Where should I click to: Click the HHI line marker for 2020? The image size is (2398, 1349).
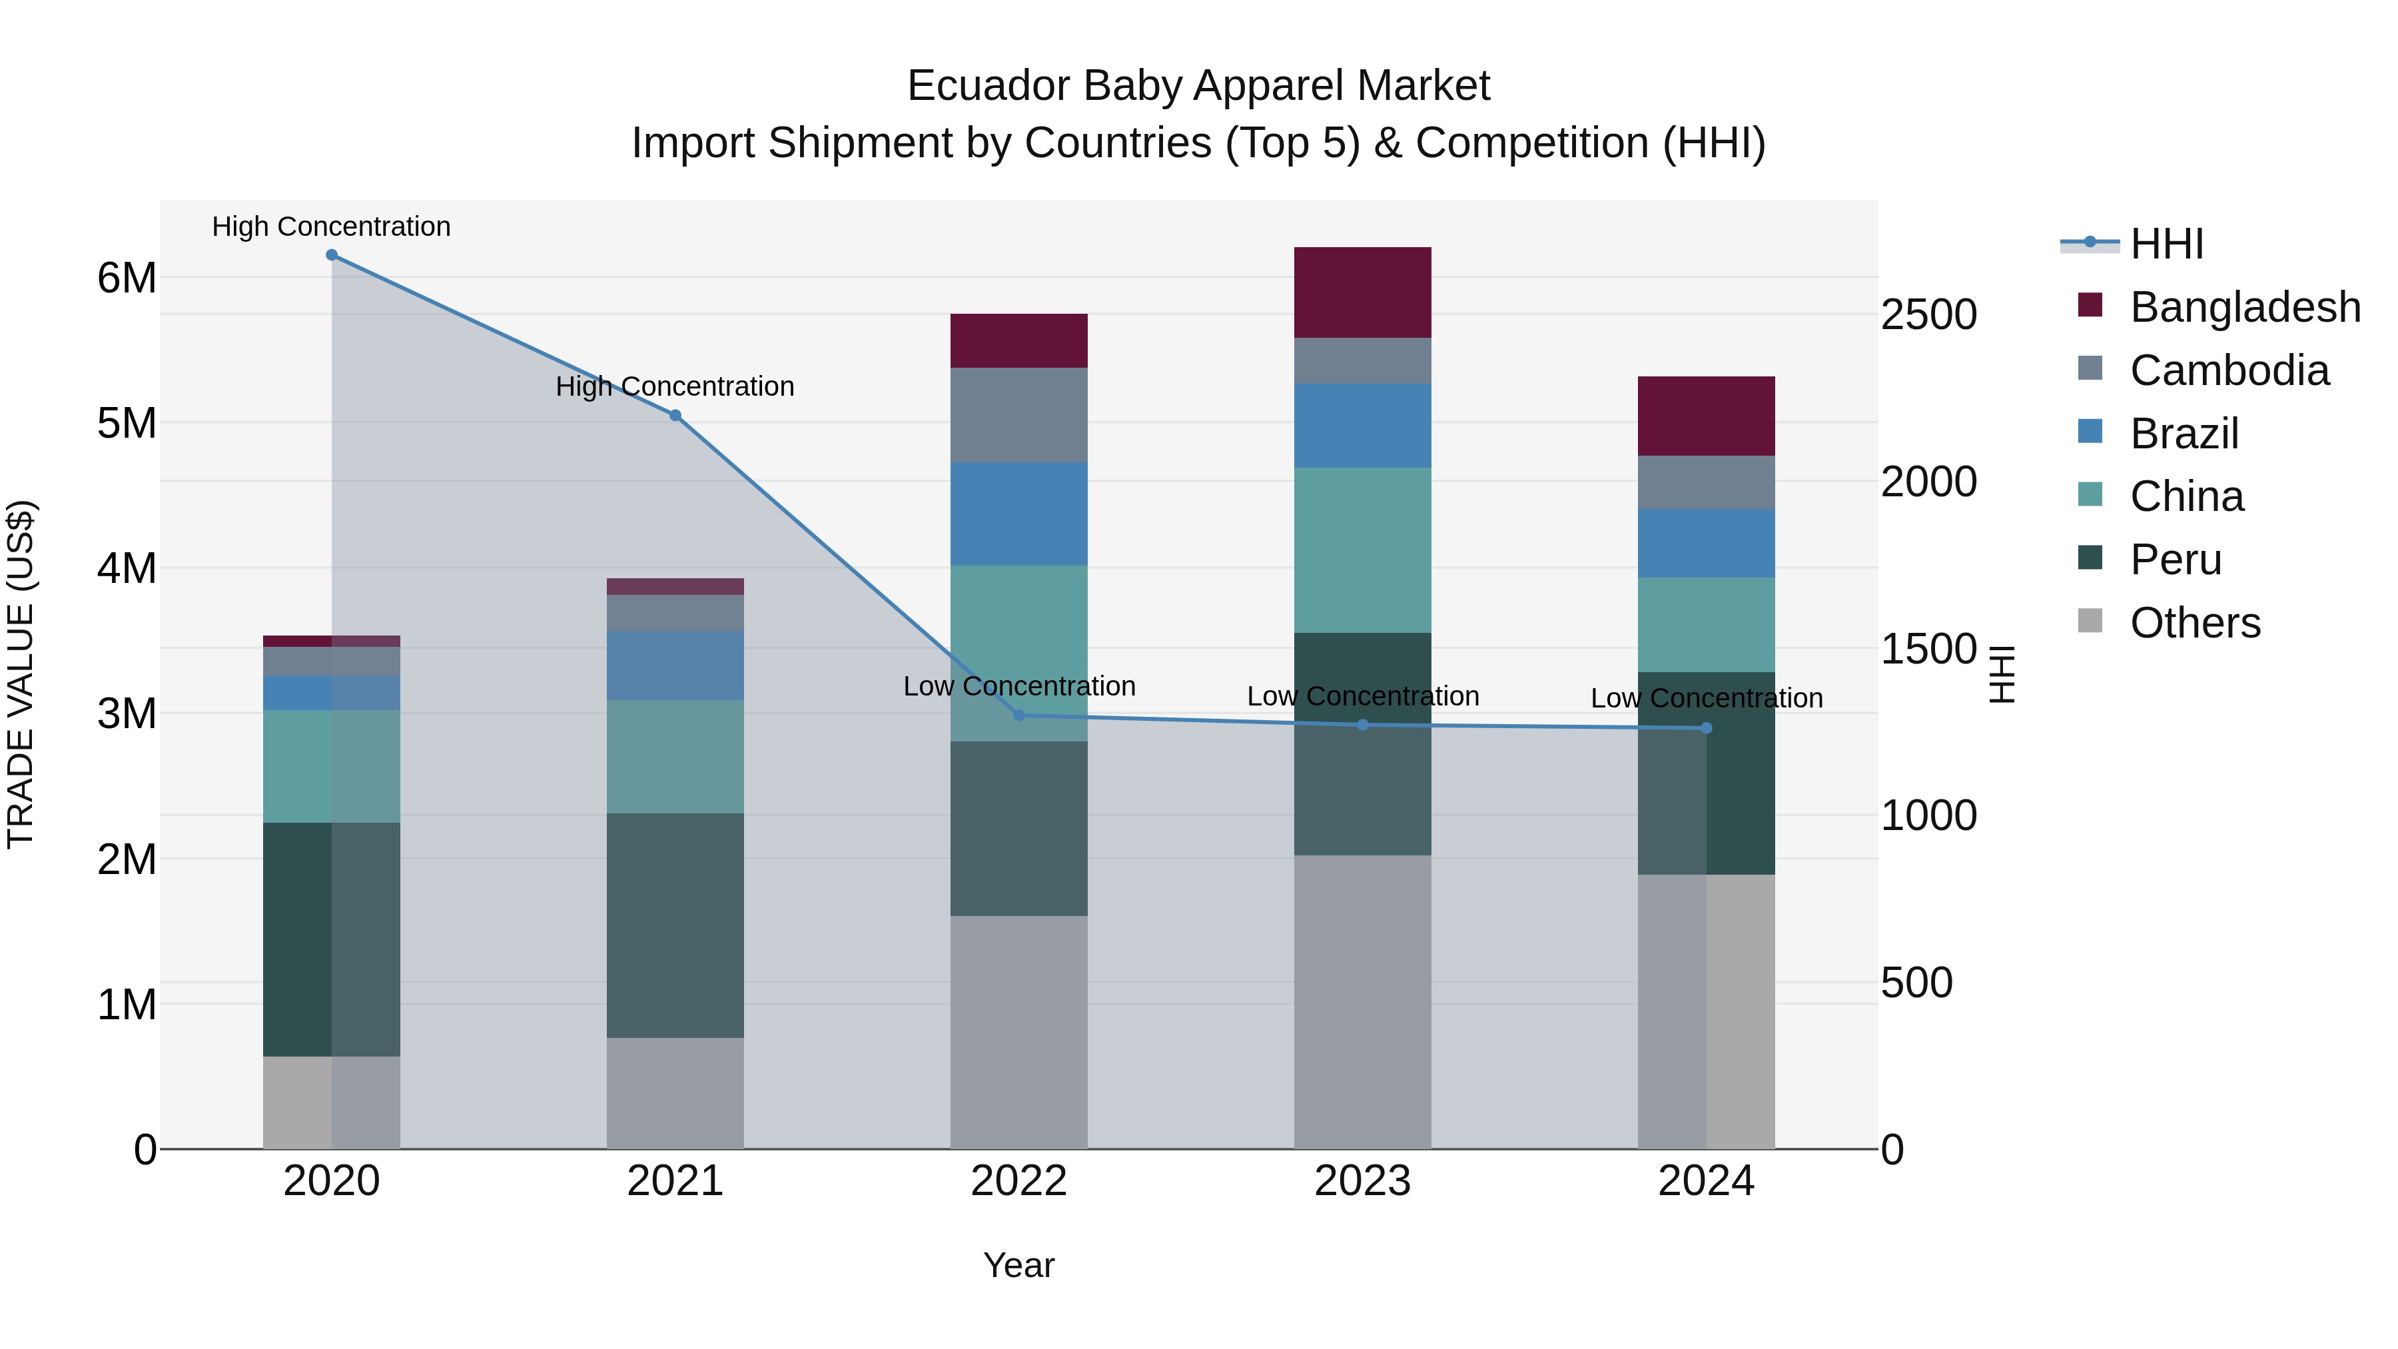pyautogui.click(x=332, y=255)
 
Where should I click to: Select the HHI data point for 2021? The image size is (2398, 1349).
pyautogui.click(x=675, y=415)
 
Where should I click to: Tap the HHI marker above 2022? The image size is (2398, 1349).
pyautogui.click(x=1018, y=715)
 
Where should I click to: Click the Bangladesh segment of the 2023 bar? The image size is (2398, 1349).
pyautogui.click(x=1362, y=292)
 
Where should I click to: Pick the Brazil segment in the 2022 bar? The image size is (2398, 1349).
pyautogui.click(x=1018, y=514)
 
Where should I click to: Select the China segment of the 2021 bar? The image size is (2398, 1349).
pyautogui.click(x=675, y=756)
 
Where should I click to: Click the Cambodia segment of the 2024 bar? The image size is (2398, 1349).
pyautogui.click(x=1705, y=482)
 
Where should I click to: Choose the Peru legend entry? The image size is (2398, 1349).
pyautogui.click(x=2175, y=560)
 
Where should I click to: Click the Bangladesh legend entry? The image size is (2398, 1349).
pyautogui.click(x=2243, y=307)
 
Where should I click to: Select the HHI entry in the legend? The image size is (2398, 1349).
pyautogui.click(x=2166, y=244)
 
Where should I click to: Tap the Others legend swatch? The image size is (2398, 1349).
pyautogui.click(x=2090, y=621)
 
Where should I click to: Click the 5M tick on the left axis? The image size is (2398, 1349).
pyautogui.click(x=127, y=424)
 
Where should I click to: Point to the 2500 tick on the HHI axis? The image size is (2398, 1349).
pyautogui.click(x=1928, y=314)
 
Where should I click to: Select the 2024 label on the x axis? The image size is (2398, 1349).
pyautogui.click(x=1705, y=1181)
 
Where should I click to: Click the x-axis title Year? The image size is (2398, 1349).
pyautogui.click(x=1018, y=1265)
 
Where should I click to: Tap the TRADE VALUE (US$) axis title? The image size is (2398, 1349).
pyautogui.click(x=21, y=674)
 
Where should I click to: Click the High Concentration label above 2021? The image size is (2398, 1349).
pyautogui.click(x=675, y=386)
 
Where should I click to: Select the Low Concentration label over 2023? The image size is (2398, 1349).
pyautogui.click(x=1362, y=696)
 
